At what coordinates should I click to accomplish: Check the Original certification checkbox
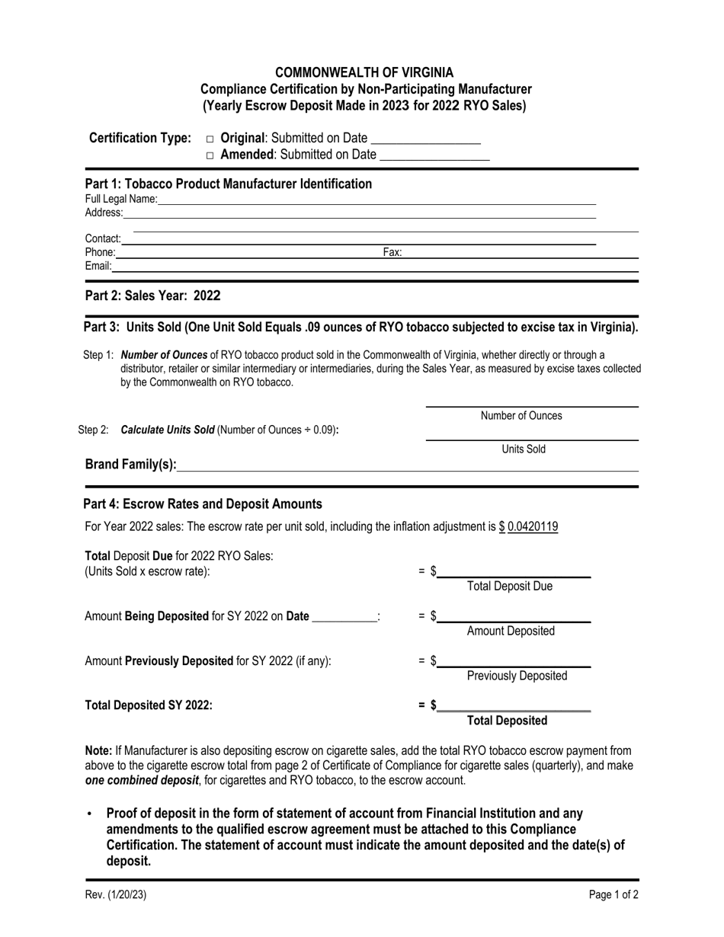pos(210,139)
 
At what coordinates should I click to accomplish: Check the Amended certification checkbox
pos(210,155)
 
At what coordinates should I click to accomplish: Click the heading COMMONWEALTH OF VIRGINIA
pos(364,73)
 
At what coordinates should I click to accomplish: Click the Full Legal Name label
pos(120,200)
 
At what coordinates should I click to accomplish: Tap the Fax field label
pos(392,252)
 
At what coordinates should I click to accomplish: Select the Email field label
pos(98,266)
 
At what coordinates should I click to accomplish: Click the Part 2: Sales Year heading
pos(152,296)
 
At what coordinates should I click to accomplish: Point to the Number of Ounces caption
pos(521,416)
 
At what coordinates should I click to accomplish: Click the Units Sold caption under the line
pos(524,449)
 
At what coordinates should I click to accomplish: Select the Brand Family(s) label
pos(130,465)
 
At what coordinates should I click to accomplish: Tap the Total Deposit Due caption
pos(510,587)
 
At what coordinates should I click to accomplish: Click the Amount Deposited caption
pos(511,632)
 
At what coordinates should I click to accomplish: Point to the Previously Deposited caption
pos(517,676)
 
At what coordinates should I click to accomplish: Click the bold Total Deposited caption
pos(507,721)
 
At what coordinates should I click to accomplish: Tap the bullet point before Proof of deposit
pos(90,814)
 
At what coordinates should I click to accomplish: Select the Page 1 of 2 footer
pos(613,896)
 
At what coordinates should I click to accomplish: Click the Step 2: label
pos(94,430)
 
